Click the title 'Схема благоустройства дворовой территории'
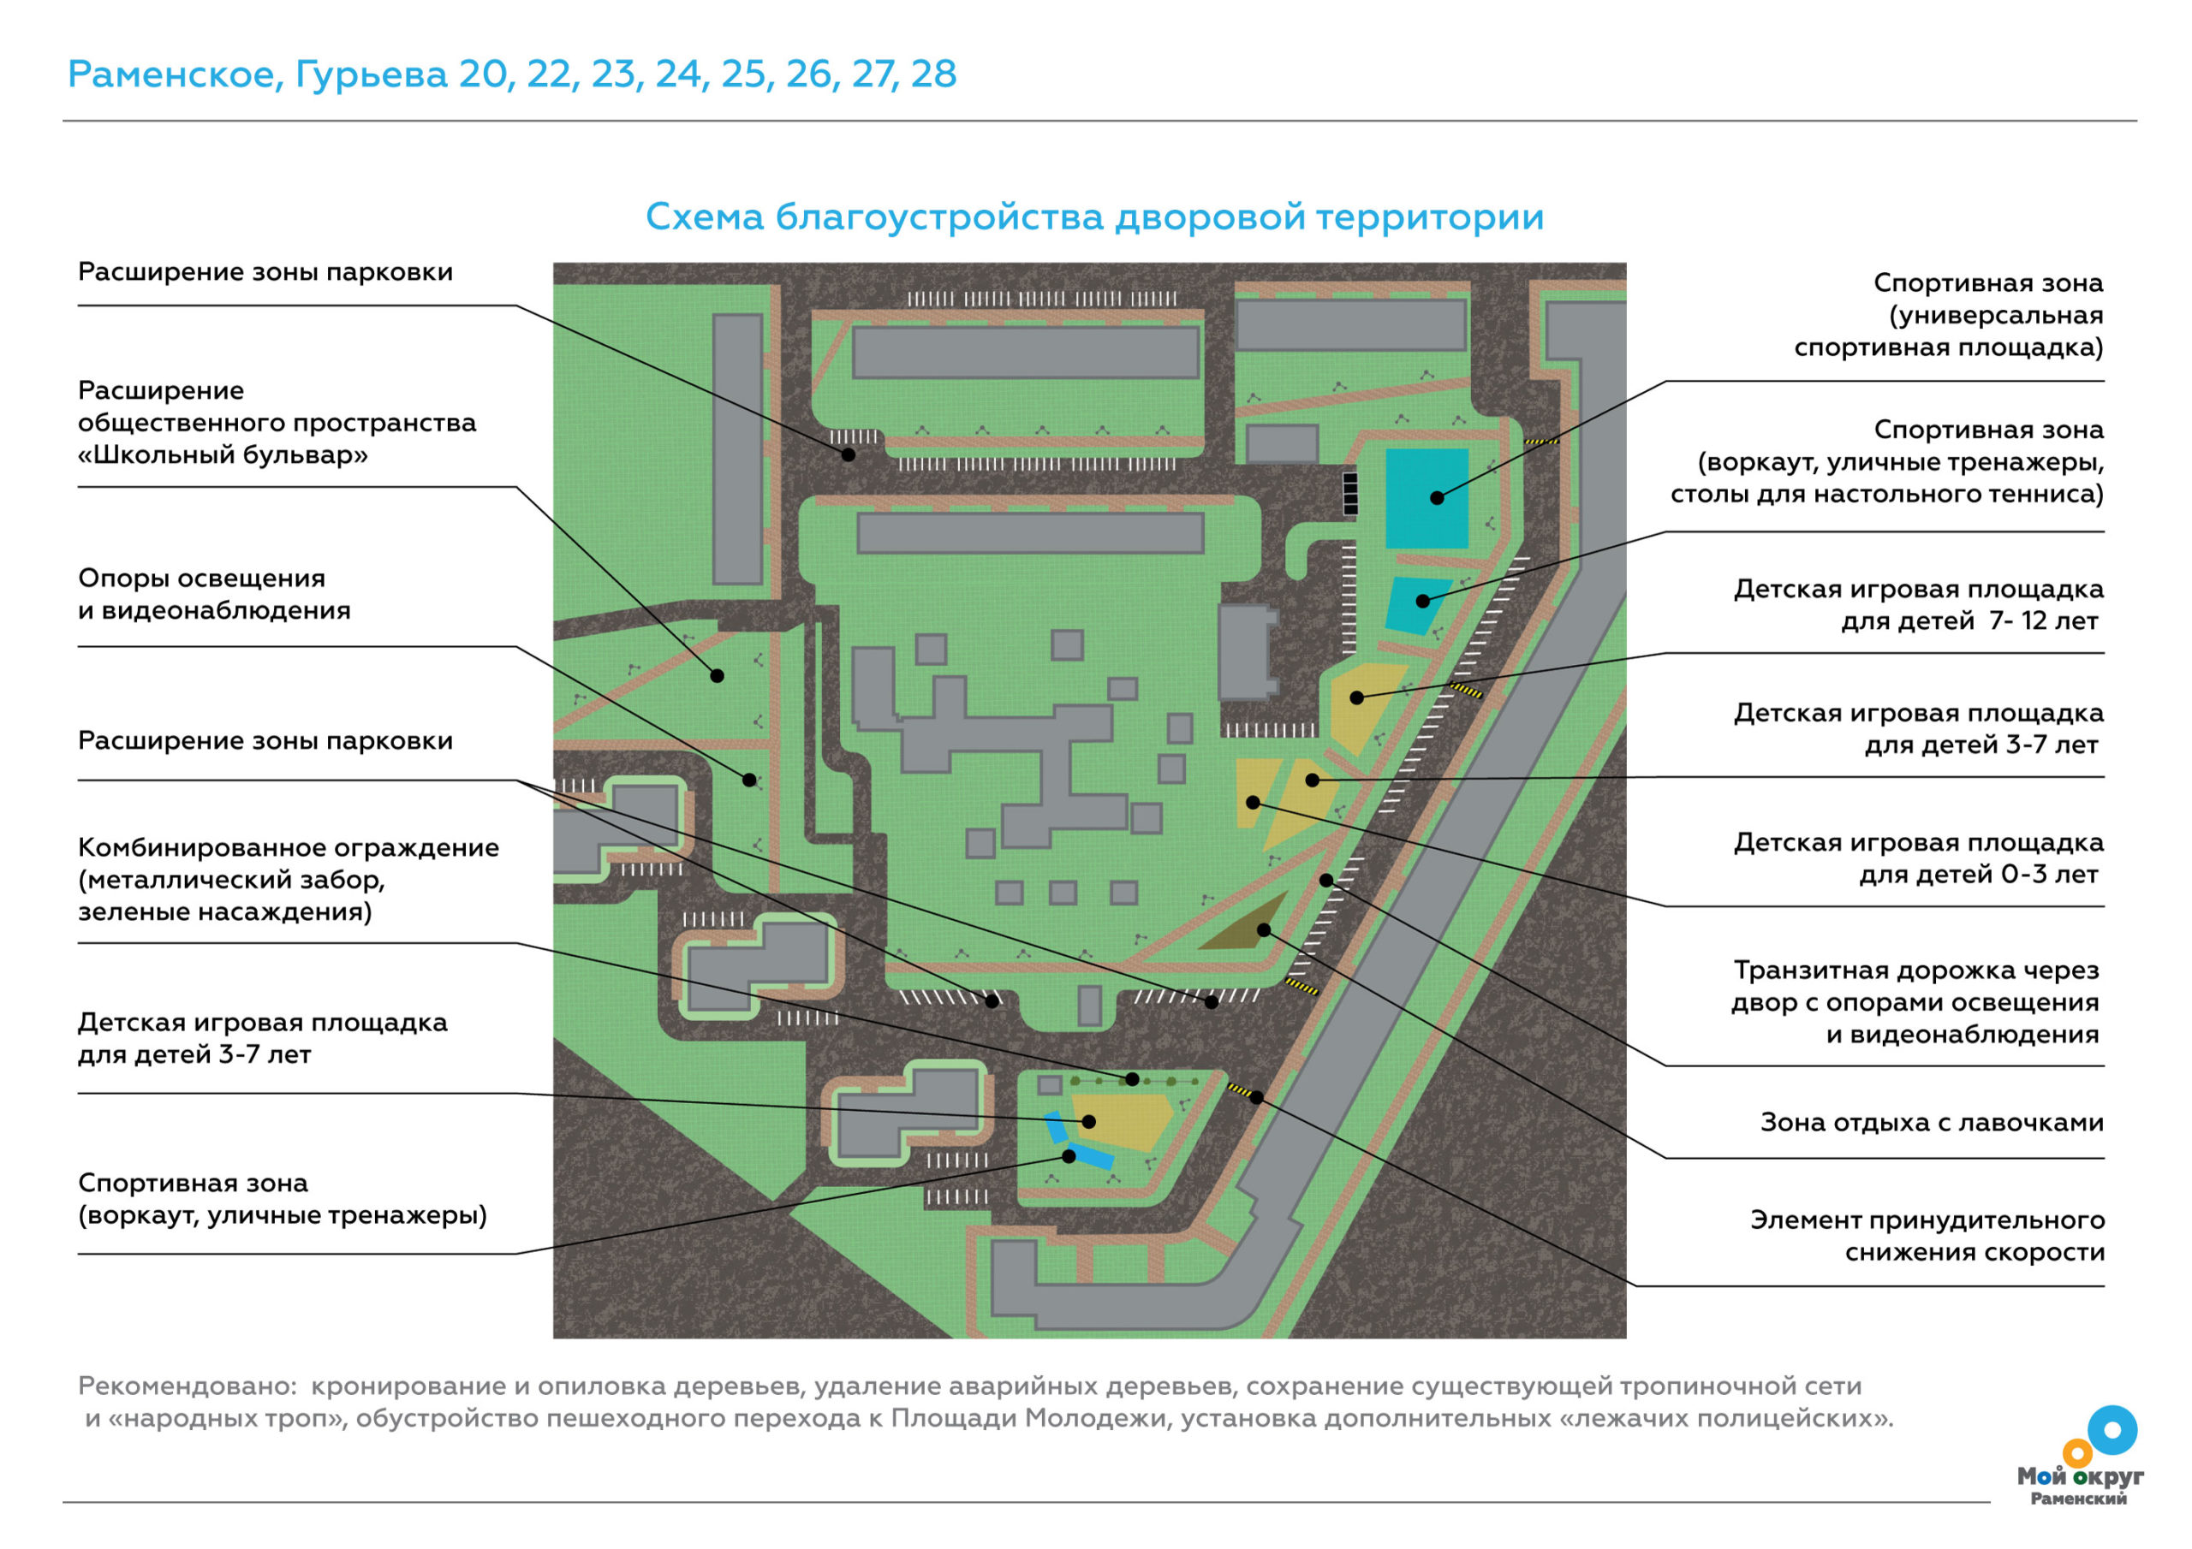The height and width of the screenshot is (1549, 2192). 1094,217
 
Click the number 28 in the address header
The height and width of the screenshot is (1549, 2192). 932,74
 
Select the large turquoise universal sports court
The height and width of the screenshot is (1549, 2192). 1427,498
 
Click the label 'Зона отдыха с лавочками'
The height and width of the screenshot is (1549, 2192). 1932,1122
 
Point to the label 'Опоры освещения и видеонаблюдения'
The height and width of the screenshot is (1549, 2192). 215,595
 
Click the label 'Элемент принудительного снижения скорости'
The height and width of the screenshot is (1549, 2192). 1927,1236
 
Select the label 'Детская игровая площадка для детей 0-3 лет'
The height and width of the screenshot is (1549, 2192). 1919,858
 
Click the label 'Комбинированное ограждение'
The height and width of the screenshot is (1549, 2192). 289,847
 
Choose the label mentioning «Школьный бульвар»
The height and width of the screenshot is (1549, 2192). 277,423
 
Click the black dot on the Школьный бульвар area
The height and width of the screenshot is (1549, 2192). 717,676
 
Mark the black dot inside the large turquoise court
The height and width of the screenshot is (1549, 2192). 1437,497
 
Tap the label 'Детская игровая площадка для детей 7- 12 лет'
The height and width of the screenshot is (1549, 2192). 1919,605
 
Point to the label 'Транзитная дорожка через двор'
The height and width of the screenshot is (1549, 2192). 1916,986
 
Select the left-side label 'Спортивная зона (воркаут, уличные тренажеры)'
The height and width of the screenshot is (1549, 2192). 283,1199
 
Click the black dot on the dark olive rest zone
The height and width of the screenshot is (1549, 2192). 1264,929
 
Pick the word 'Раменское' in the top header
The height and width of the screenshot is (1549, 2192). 176,74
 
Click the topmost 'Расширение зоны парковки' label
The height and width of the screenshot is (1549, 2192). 265,273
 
